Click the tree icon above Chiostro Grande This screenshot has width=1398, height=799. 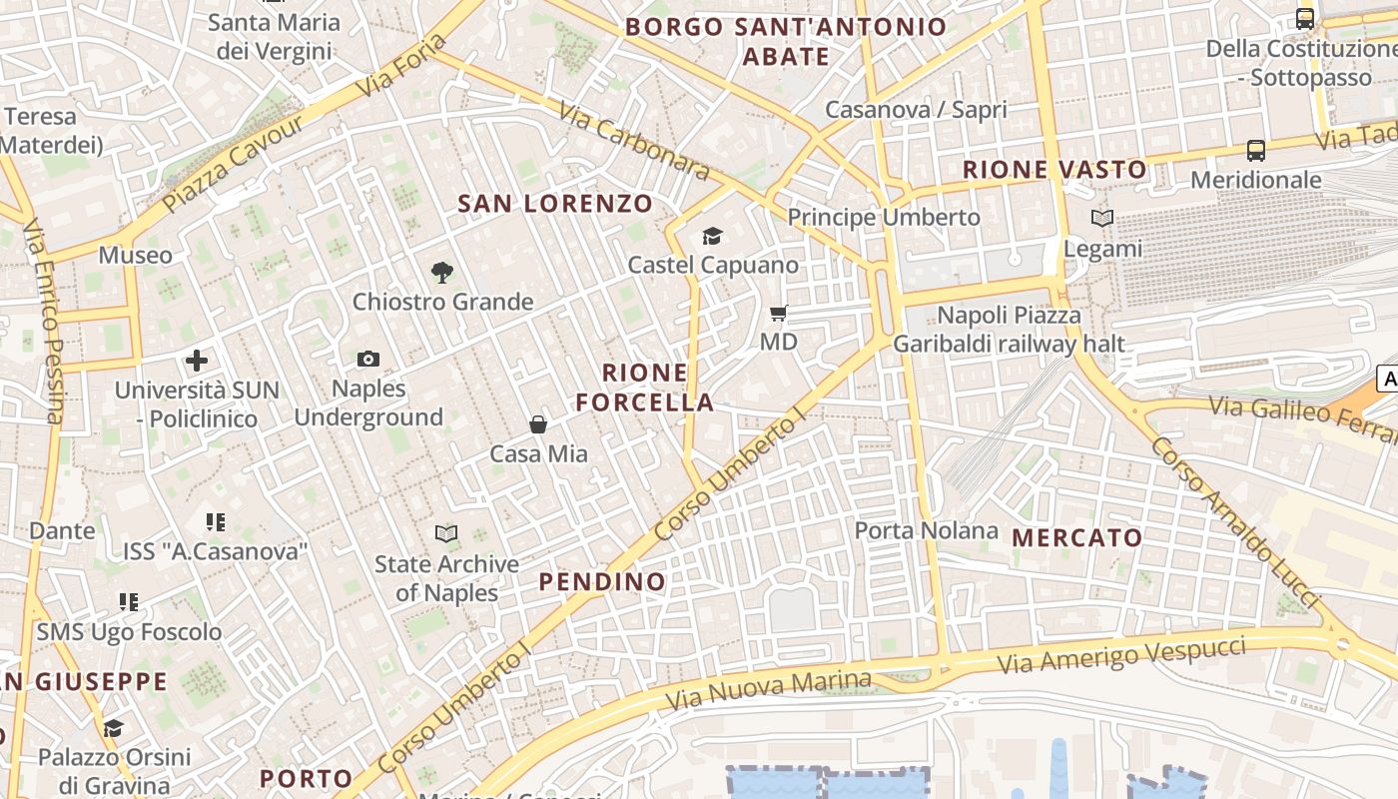point(441,272)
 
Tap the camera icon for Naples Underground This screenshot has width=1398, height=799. point(367,359)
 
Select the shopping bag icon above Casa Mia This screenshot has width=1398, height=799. point(538,424)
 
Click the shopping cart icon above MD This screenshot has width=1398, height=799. point(779,314)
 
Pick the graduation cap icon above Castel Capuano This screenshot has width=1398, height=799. point(712,236)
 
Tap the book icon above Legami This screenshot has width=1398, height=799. point(1101,219)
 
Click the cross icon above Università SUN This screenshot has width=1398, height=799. point(197,361)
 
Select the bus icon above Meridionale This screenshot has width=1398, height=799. point(1255,151)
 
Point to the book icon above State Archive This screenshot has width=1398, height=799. point(446,534)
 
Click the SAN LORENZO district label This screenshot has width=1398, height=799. point(555,204)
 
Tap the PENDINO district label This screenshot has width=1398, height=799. point(602,581)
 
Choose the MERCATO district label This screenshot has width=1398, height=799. point(1077,537)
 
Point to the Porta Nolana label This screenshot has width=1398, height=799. point(926,530)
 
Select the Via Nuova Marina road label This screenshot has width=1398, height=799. point(768,690)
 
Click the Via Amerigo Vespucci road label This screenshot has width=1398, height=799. point(1121,656)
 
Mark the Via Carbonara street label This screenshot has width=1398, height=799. point(634,142)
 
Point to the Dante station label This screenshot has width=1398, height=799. point(62,530)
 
